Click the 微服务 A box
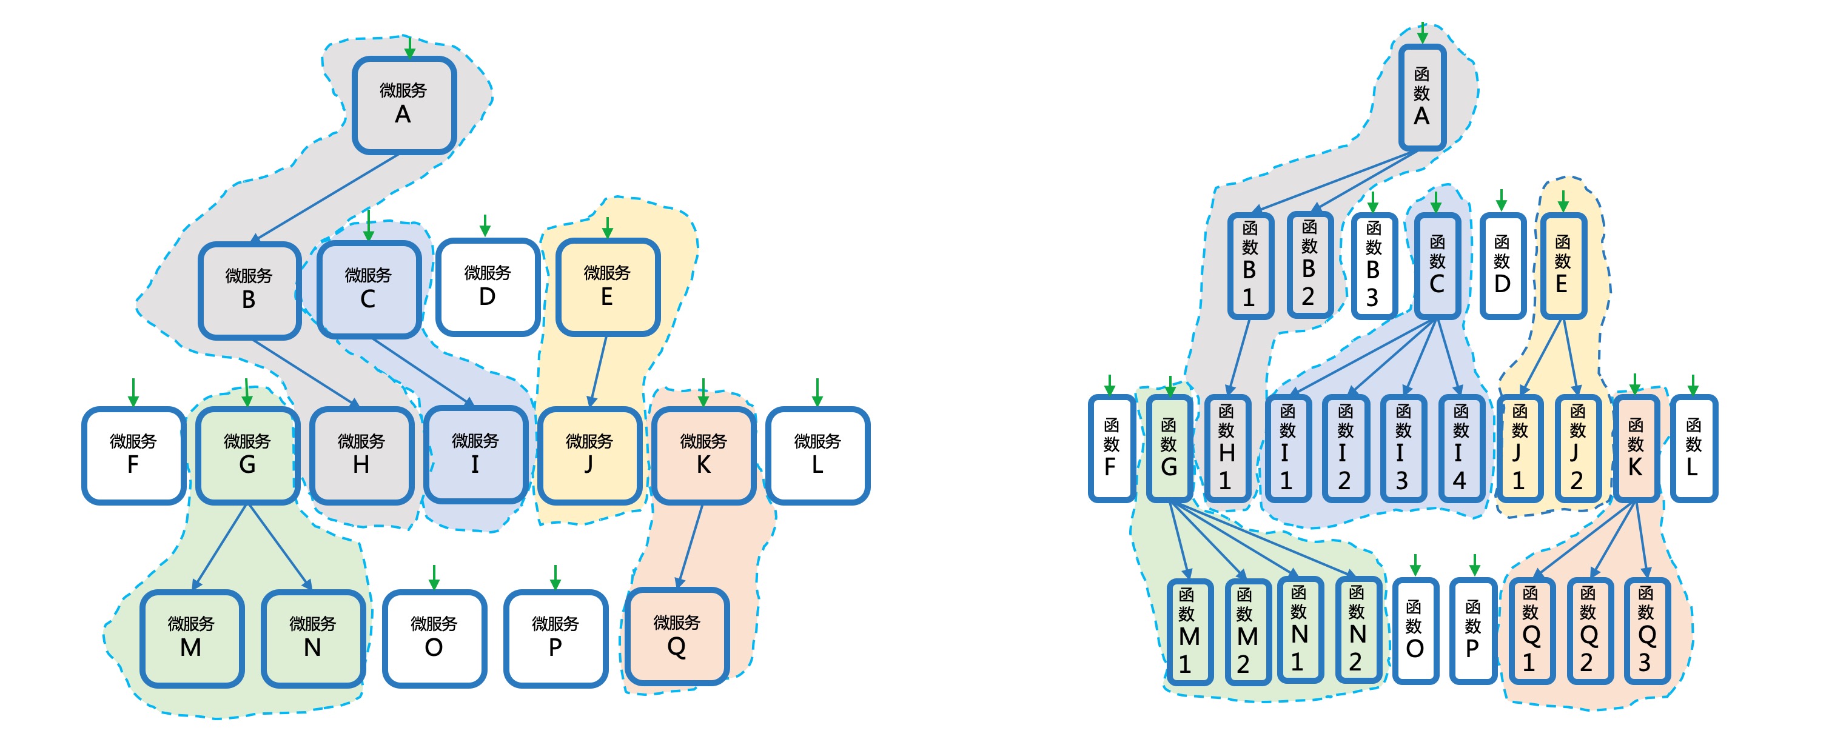(x=404, y=105)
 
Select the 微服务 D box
(x=488, y=287)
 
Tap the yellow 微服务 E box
(x=608, y=287)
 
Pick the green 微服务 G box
(x=247, y=455)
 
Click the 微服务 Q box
(x=677, y=636)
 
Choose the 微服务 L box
(x=817, y=455)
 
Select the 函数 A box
(x=1421, y=98)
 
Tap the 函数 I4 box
(x=1460, y=448)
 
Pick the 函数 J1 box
(x=1519, y=448)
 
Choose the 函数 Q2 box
(x=1588, y=630)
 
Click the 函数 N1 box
(x=1298, y=629)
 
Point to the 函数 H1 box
(x=1226, y=448)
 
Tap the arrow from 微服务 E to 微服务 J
(x=599, y=370)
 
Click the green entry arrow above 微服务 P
(x=555, y=577)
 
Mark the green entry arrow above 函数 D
(x=1501, y=199)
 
